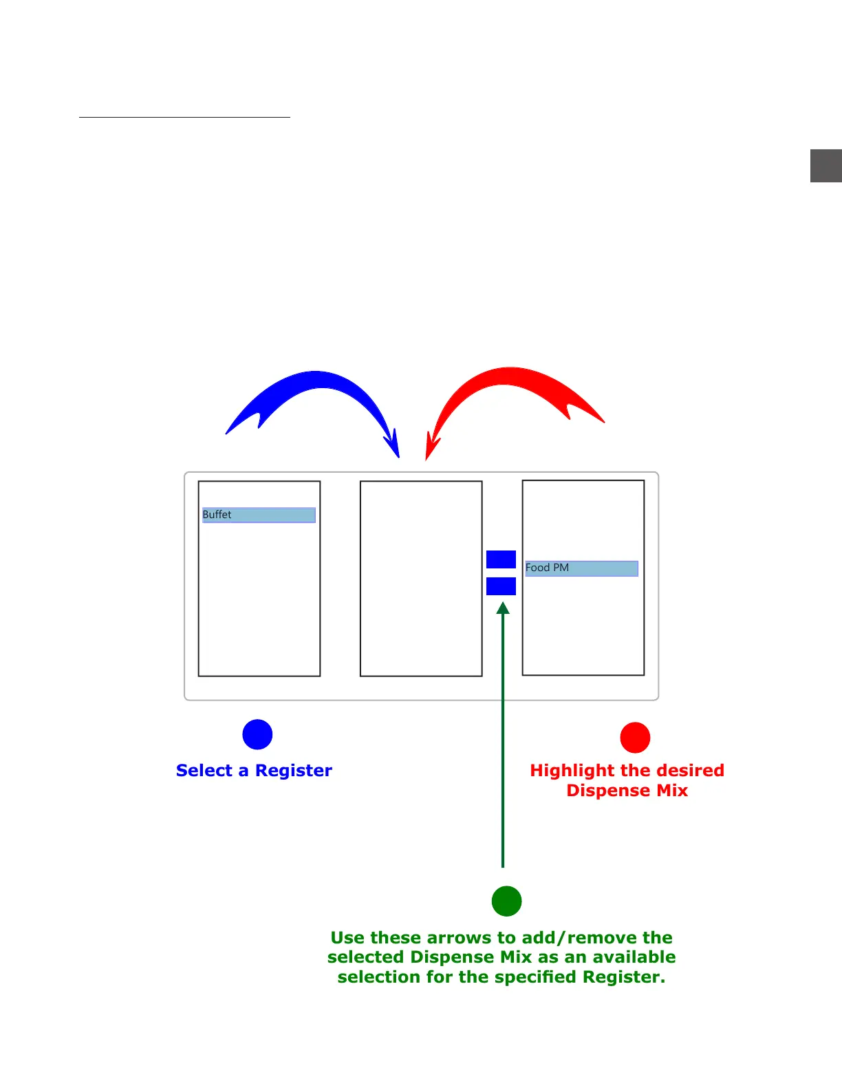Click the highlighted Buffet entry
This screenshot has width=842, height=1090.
click(x=259, y=515)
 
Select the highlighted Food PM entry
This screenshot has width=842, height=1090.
click(x=581, y=568)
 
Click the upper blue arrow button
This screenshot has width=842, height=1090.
click(x=501, y=559)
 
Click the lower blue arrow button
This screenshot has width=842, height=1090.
click(x=501, y=586)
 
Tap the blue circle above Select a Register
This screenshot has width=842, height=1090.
click(x=257, y=734)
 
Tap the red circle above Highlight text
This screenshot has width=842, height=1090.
click(x=635, y=738)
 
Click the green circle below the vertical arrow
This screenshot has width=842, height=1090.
click(x=506, y=901)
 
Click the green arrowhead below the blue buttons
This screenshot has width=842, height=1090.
click(x=503, y=608)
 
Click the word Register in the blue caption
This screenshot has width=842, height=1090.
click(x=294, y=771)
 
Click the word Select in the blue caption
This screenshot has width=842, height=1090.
click(x=204, y=771)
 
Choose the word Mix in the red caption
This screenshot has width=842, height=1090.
click(x=672, y=791)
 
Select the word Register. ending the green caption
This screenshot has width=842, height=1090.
click(x=624, y=977)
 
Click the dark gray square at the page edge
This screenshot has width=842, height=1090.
click(x=825, y=166)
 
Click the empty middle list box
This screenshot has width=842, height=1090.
click(x=421, y=579)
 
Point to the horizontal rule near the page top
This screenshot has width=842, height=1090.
click(x=184, y=118)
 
